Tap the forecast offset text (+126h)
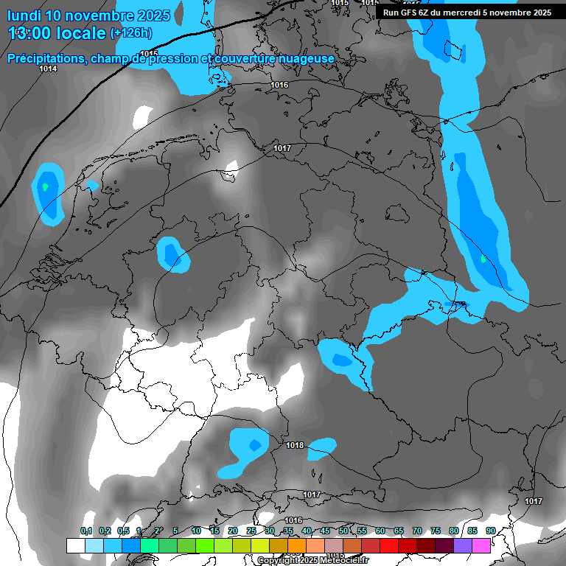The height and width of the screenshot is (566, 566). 131,33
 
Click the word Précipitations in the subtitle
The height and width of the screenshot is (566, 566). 46,59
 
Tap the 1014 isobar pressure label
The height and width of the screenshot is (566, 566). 48,69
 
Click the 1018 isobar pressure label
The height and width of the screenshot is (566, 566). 296,445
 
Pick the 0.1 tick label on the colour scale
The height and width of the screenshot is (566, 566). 86,531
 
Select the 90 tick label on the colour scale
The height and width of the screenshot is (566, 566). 490,531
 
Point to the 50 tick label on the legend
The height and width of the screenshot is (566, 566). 343,531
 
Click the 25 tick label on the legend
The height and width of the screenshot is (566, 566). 251,531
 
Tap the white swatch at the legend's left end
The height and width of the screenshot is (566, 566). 75,545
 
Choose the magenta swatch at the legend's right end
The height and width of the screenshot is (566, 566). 481,545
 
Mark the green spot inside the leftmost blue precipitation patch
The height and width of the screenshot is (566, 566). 46,186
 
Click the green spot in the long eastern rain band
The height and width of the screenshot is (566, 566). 483,259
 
